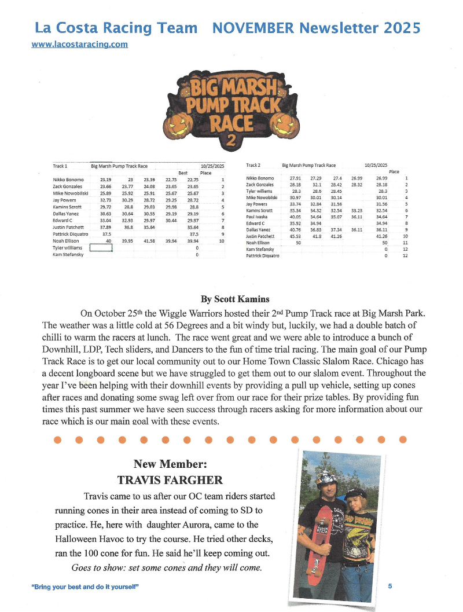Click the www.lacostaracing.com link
[80, 44]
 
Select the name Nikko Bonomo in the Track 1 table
[68, 180]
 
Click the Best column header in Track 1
[183, 173]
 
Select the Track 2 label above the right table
[254, 165]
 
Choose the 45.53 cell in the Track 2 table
[296, 236]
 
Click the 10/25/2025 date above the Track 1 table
[212, 166]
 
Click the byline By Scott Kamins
[235, 299]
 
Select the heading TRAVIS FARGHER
[170, 480]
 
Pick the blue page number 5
[390, 586]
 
